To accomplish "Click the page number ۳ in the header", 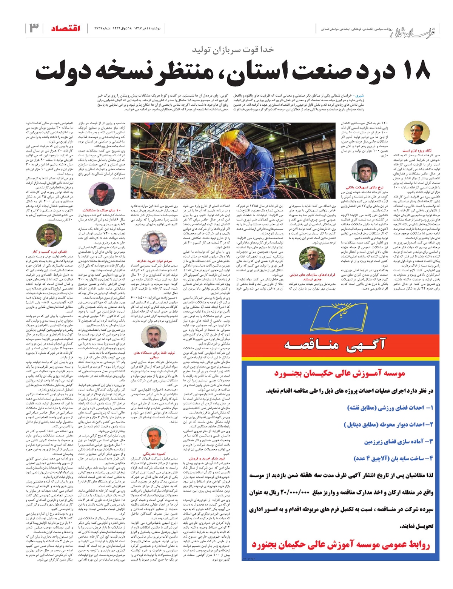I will tap(34, 28).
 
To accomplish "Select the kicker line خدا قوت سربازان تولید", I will tap(233, 49).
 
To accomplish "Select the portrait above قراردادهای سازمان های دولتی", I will tap(312, 258).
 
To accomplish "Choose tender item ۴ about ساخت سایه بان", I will tap(393, 458).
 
